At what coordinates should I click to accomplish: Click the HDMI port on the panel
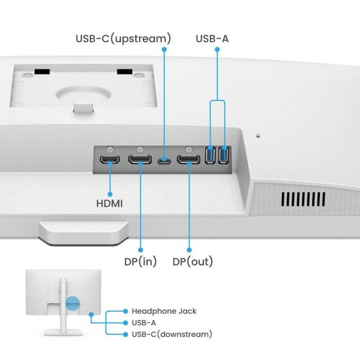click(x=110, y=159)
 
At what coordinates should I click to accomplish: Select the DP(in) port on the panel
click(x=140, y=159)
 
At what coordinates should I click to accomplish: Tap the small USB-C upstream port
click(x=165, y=160)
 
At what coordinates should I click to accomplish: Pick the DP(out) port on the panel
click(x=189, y=159)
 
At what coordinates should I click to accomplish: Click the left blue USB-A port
click(x=210, y=155)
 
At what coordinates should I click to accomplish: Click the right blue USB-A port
click(x=223, y=155)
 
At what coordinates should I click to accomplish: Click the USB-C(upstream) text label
click(x=123, y=39)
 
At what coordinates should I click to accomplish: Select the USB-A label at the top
click(x=212, y=39)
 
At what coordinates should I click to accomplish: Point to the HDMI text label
click(x=110, y=204)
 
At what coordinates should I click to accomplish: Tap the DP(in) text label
click(x=140, y=262)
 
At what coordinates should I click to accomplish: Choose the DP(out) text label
click(x=192, y=262)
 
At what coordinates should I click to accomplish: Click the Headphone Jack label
click(x=164, y=311)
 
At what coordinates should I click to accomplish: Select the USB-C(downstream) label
click(x=172, y=334)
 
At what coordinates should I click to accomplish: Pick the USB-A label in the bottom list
click(x=143, y=323)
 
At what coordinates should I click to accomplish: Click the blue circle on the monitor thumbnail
click(x=73, y=303)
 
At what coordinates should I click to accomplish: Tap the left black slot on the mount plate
click(x=43, y=71)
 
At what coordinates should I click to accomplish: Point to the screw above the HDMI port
click(x=110, y=149)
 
